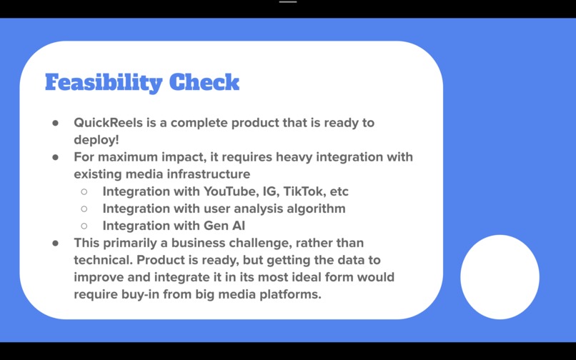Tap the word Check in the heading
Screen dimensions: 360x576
point(202,82)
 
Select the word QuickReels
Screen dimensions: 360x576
point(109,123)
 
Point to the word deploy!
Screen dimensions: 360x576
point(96,140)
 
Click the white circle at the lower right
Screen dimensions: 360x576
point(500,277)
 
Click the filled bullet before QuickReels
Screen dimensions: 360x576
point(55,123)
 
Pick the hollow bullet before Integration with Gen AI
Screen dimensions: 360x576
point(84,226)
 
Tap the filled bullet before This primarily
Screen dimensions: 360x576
point(55,243)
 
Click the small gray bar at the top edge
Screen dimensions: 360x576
point(288,2)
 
